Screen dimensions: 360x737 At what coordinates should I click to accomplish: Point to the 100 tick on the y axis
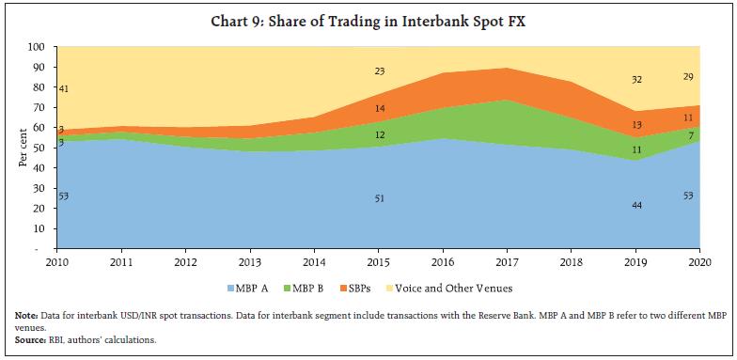pos(38,47)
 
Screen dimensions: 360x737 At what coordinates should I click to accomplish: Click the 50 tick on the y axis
pos(40,149)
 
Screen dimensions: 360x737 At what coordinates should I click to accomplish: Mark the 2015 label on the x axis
pos(379,264)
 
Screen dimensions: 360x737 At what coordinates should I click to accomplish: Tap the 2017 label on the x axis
pos(508,264)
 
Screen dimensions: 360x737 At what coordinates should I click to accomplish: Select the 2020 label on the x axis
pos(699,264)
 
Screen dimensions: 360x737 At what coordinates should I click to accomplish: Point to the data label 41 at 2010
pos(64,89)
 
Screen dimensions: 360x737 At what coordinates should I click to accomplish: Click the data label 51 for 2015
pos(379,198)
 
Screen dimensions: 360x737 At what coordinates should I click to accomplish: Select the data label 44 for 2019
pos(636,205)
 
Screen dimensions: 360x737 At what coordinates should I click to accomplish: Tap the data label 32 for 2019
pos(636,80)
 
